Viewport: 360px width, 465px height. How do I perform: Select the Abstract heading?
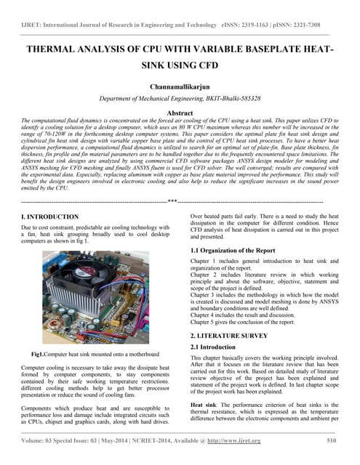pos(180,113)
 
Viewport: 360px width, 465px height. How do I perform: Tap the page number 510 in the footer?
pos(332,440)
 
